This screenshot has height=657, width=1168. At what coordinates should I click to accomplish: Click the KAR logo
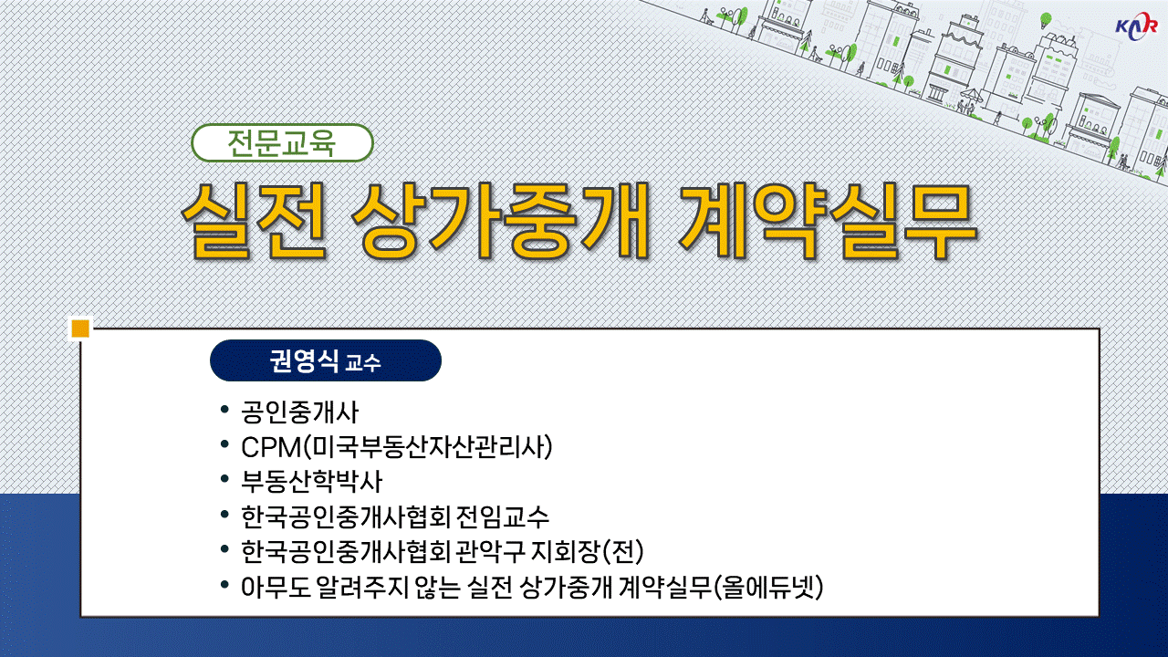pyautogui.click(x=1136, y=25)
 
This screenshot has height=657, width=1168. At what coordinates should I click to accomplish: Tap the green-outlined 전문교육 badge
pyautogui.click(x=282, y=143)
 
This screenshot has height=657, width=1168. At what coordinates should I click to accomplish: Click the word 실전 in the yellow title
pyautogui.click(x=254, y=221)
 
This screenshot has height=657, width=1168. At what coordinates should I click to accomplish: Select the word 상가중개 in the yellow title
pyautogui.click(x=501, y=221)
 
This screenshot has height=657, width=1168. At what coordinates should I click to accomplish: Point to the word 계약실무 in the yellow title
pyautogui.click(x=828, y=221)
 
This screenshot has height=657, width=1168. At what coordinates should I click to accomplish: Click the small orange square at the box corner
pyautogui.click(x=80, y=329)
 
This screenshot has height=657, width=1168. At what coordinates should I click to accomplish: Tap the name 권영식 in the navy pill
pyautogui.click(x=304, y=360)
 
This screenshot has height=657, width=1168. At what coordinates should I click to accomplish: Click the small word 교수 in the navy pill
pyautogui.click(x=363, y=363)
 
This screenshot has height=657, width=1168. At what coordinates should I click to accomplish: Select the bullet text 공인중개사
pyautogui.click(x=300, y=412)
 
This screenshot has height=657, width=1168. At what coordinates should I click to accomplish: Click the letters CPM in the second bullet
pyautogui.click(x=271, y=447)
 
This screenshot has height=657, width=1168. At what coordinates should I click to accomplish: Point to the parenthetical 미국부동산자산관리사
pyautogui.click(x=428, y=447)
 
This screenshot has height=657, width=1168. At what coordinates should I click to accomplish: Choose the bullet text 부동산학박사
pyautogui.click(x=312, y=482)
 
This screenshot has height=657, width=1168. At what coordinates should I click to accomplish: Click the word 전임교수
pyautogui.click(x=503, y=516)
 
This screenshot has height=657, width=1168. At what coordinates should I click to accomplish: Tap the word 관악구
pyautogui.click(x=491, y=552)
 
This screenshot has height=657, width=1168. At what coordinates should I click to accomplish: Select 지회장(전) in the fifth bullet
pyautogui.click(x=587, y=552)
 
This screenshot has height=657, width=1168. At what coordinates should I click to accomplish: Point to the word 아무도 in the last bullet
pyautogui.click(x=276, y=587)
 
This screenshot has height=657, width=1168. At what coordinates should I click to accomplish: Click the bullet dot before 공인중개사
pyautogui.click(x=224, y=410)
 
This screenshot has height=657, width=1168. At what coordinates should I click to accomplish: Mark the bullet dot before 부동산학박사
pyautogui.click(x=224, y=479)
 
